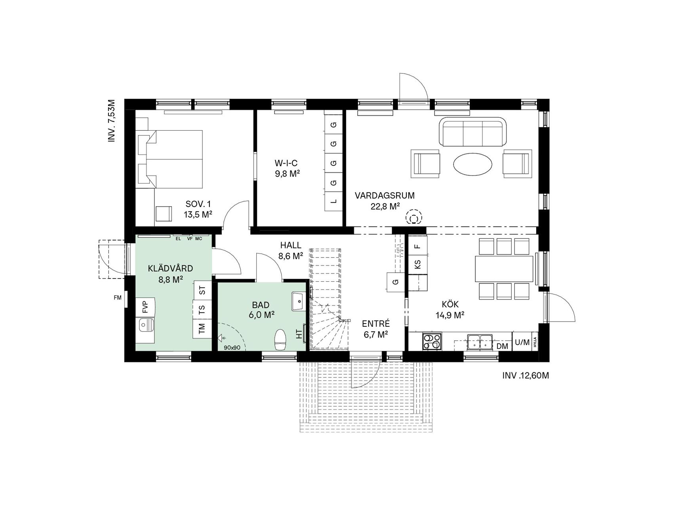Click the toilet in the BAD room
[x=280, y=339]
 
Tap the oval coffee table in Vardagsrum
[x=473, y=163]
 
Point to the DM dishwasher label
[x=502, y=346]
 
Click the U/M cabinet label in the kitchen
[x=522, y=342]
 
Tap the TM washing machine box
[x=202, y=328]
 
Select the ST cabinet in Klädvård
[x=203, y=290]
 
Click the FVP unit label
[x=145, y=307]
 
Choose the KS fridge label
[x=418, y=264]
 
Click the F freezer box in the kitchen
[x=418, y=245]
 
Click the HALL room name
[x=291, y=246]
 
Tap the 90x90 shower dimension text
[x=232, y=348]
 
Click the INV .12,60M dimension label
[x=526, y=375]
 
